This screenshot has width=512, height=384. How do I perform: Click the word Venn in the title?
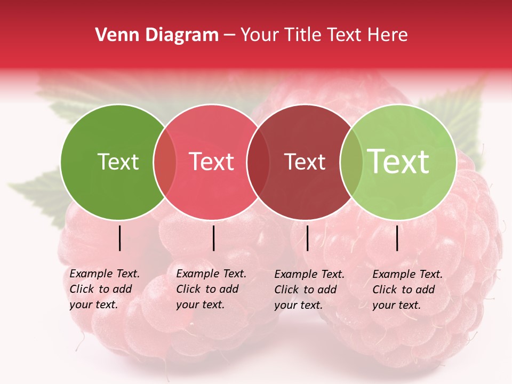[x=113, y=35]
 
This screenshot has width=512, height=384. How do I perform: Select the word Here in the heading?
[x=389, y=35]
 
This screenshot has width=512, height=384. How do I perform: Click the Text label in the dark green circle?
[x=118, y=162]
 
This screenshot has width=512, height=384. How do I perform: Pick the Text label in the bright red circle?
[x=212, y=162]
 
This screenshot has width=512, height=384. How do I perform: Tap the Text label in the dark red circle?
[x=305, y=162]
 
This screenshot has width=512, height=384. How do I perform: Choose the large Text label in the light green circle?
[x=398, y=161]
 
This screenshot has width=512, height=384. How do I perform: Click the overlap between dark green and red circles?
[x=165, y=162]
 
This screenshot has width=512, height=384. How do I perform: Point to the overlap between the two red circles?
[x=258, y=162]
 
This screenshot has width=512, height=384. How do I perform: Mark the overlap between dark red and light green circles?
[x=351, y=162]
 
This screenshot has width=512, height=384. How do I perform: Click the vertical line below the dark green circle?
[x=120, y=238]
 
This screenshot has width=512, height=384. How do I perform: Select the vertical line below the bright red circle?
[x=213, y=238]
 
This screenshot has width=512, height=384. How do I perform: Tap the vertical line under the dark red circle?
[x=307, y=238]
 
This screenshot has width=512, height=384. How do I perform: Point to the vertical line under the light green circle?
[x=397, y=238]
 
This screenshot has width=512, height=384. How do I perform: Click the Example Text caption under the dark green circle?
[x=105, y=289]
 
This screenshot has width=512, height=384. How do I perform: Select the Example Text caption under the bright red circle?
[x=211, y=289]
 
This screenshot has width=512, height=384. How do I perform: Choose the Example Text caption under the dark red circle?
[x=309, y=290]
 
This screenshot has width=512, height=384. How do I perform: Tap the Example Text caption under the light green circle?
[x=407, y=290]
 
